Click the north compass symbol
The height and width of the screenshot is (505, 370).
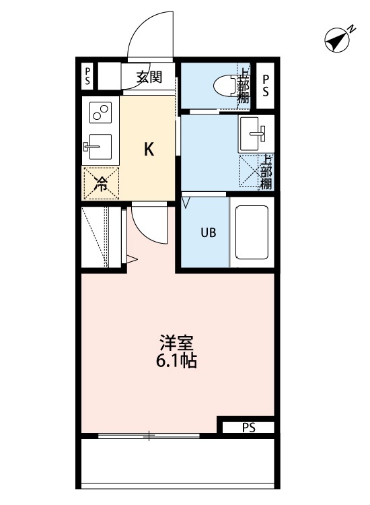coord(339,40)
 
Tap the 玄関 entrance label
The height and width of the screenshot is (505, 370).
coord(149,77)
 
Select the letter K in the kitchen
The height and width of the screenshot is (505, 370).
coord(149,149)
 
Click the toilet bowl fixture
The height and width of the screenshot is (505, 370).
coord(224,86)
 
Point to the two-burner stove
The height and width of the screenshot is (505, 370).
coord(100,112)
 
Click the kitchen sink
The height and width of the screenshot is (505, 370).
coord(99,144)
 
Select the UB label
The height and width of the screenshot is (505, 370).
coord(207,234)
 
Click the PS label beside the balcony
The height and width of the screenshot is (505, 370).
coord(248,427)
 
